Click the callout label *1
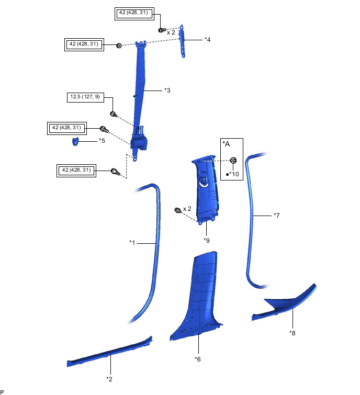(132, 242)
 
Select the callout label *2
(109, 378)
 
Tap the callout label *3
(167, 91)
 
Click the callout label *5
(102, 141)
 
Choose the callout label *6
(198, 359)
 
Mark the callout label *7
(277, 215)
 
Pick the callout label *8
(292, 332)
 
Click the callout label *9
(207, 240)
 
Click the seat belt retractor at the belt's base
(140, 143)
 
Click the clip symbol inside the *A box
(234, 160)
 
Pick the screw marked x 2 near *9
(178, 210)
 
